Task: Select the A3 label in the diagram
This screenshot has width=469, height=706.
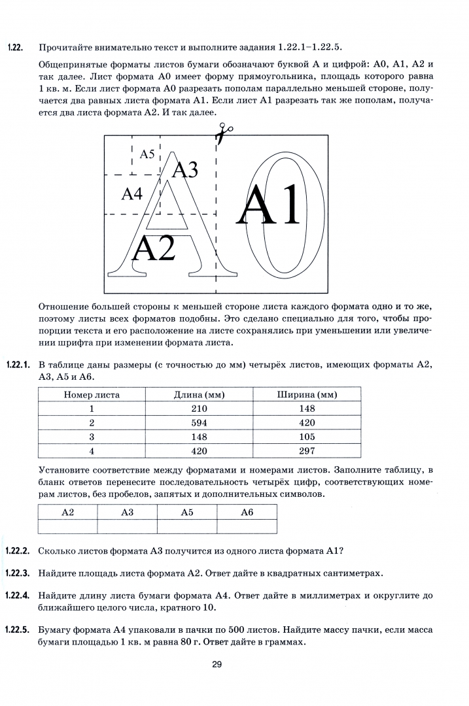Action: pos(184,169)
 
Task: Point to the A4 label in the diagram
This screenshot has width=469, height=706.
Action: pos(132,194)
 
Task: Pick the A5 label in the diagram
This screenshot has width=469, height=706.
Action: pos(148,154)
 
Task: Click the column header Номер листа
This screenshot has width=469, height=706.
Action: pos(92,395)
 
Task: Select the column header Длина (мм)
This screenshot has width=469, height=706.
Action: pos(200,395)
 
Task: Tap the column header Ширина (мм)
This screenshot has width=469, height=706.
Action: pos(307,395)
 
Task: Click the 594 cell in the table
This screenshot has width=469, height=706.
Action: pos(200,422)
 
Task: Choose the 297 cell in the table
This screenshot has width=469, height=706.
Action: pos(307,450)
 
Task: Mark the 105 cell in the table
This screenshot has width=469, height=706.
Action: pos(307,437)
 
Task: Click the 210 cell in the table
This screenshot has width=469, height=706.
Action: pos(200,409)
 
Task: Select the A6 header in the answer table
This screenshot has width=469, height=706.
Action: pos(247,513)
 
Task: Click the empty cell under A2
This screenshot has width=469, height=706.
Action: pos(67,526)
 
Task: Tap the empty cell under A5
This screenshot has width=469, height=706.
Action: pos(187,526)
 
